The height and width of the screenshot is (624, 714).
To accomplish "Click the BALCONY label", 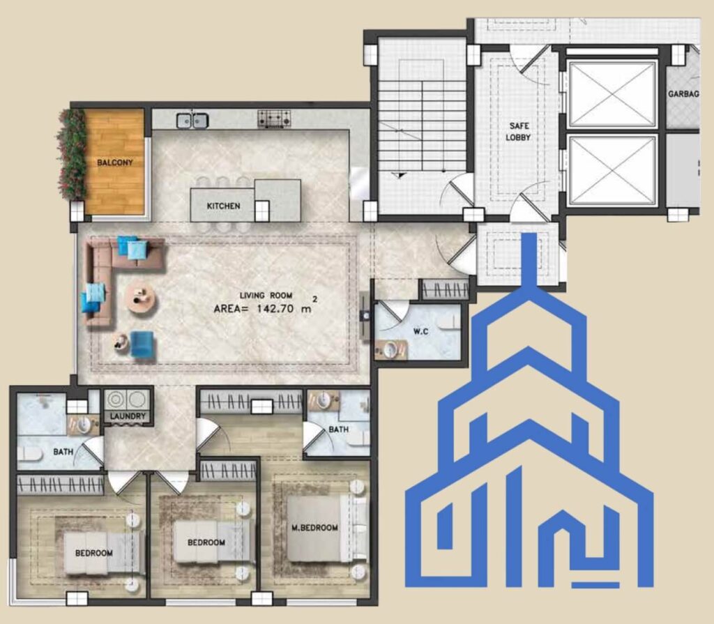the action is coord(115,162).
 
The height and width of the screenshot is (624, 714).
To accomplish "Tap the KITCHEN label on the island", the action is coord(223,206).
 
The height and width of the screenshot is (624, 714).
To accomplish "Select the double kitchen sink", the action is coord(192,120).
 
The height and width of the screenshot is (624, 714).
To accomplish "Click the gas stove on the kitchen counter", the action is coord(273,119).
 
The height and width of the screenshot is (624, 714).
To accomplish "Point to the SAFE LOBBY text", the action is coord(518,131).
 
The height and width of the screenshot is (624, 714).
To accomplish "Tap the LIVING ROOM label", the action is coord(266,295).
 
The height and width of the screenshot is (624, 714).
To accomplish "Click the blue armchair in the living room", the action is coord(142,344).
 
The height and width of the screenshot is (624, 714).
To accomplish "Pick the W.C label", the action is coord(420,331).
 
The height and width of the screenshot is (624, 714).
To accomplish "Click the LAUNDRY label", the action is coord(128,416).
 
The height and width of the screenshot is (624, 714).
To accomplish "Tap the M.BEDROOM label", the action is coord(314,528).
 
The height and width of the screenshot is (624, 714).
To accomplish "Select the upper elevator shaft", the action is coord(612,94).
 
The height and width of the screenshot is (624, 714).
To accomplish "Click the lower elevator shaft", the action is coord(612,170).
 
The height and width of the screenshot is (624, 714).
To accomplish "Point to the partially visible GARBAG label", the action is coord(683,94).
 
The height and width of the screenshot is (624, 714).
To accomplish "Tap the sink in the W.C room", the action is coord(391,349).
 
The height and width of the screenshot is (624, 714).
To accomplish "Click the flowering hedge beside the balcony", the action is coord(72,154).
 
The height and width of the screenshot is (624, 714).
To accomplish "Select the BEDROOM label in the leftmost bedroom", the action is coord(94,553).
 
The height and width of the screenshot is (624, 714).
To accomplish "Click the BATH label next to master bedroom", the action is coord(338,429).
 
